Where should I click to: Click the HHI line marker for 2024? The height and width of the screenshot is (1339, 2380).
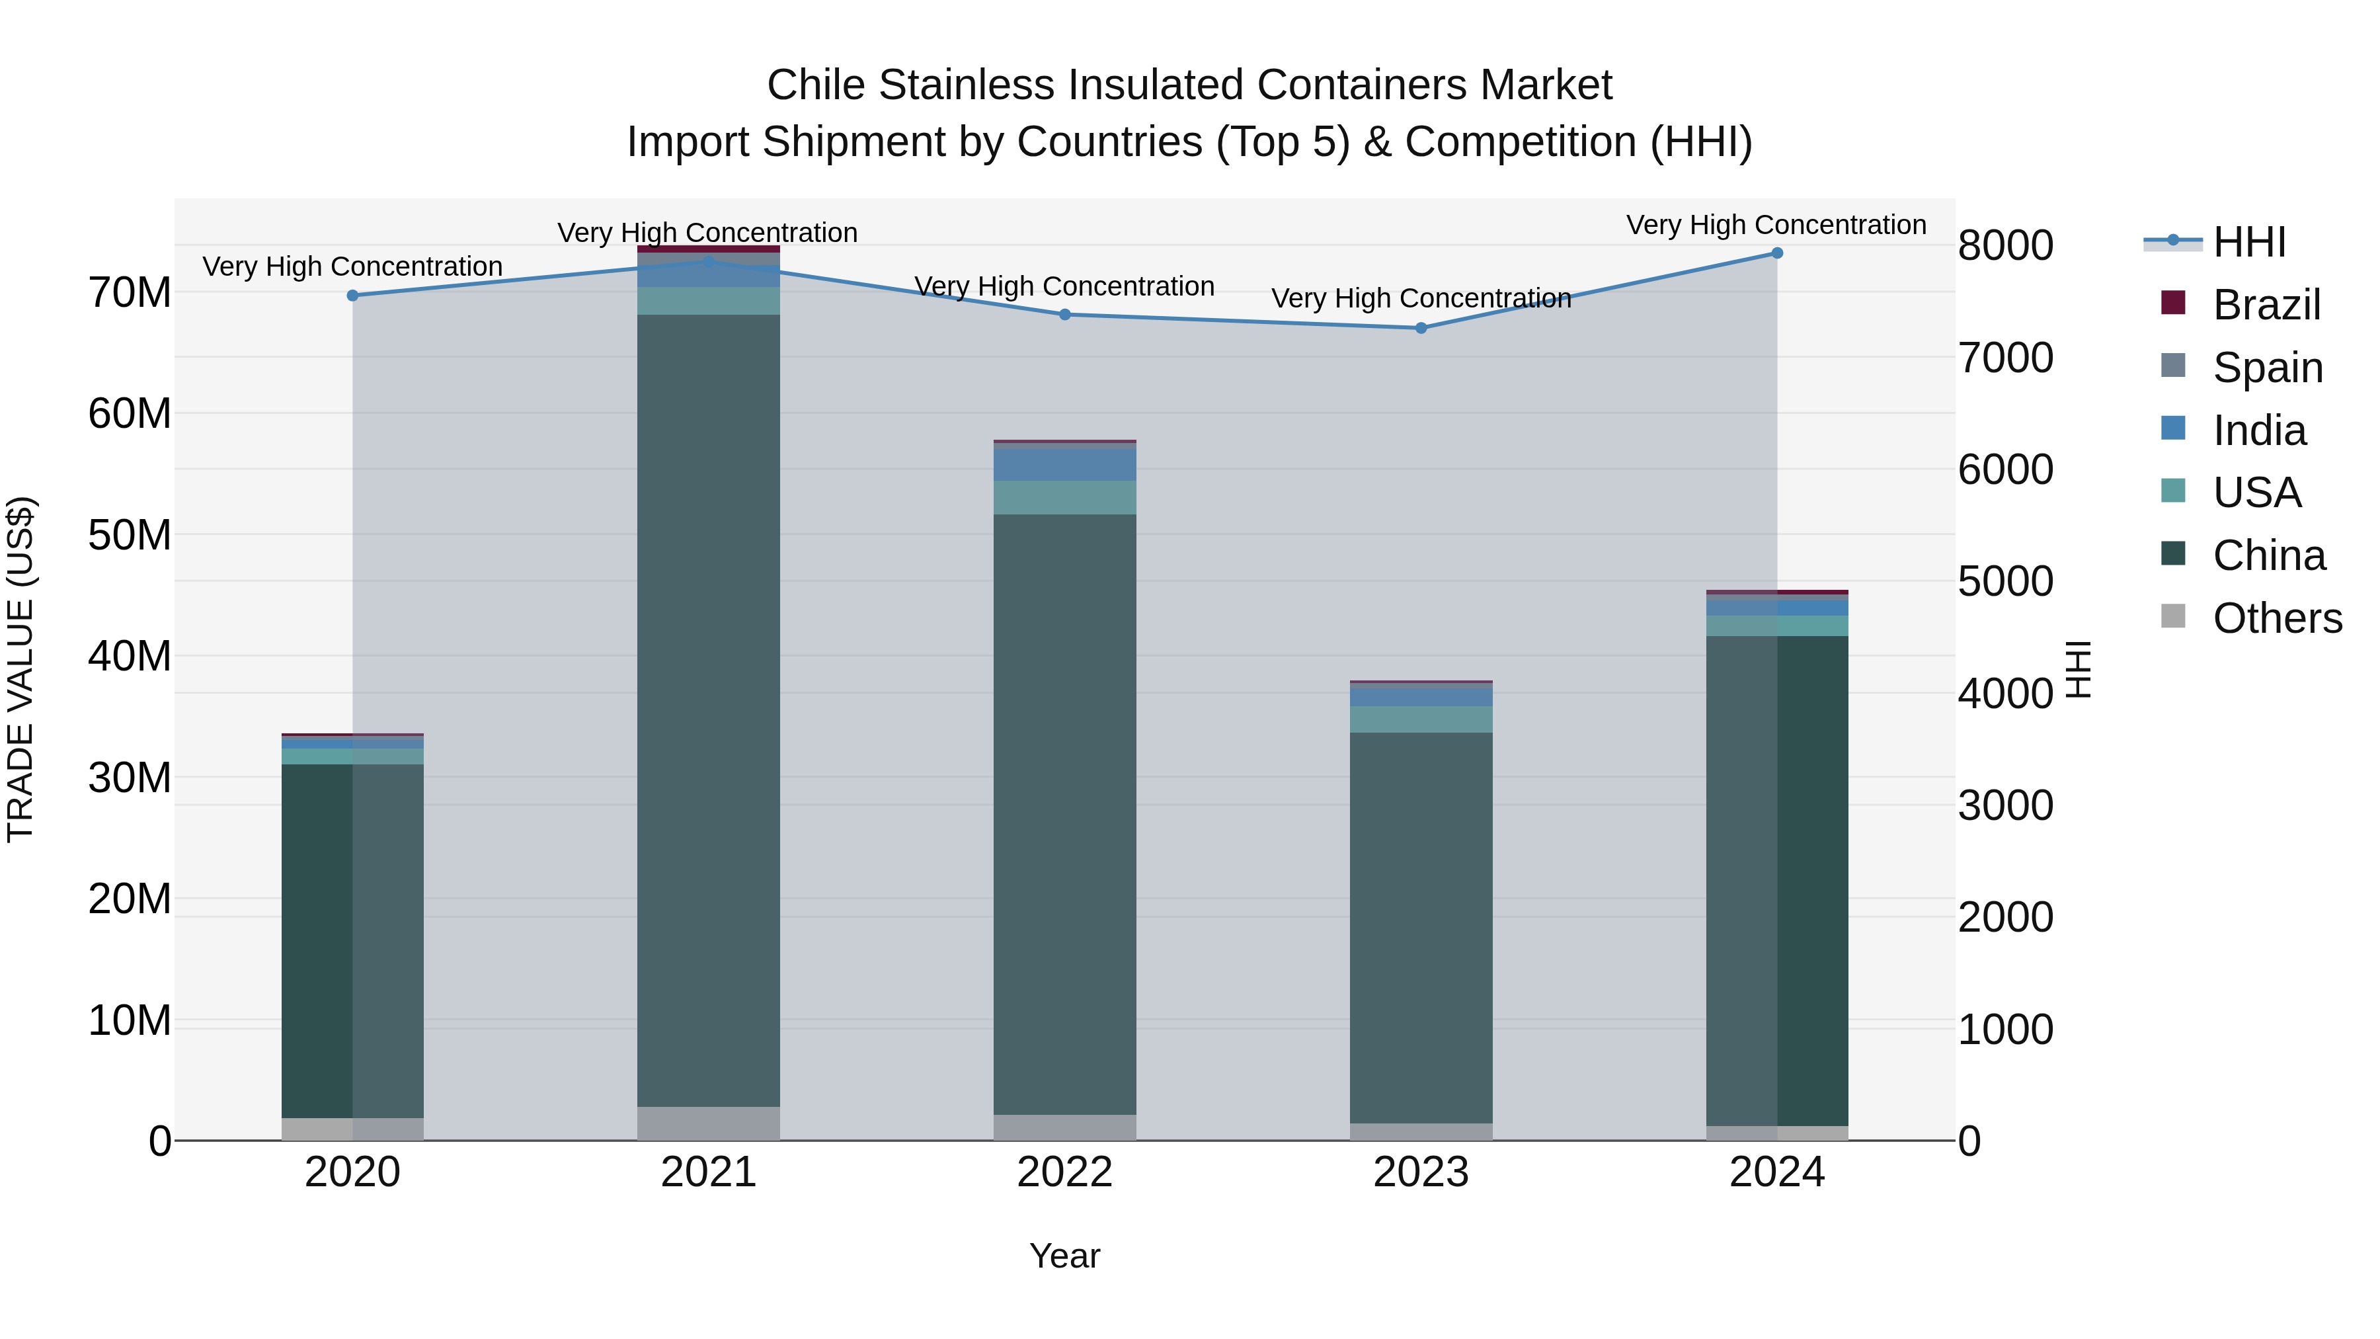(x=1776, y=253)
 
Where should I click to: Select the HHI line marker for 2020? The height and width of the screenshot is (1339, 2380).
(x=352, y=296)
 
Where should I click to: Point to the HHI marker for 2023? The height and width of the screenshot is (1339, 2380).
(x=1421, y=328)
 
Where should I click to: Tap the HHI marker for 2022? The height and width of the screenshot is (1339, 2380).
(x=1064, y=314)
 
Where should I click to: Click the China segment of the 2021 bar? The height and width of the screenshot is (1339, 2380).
(x=709, y=711)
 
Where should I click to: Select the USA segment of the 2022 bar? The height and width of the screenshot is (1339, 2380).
(x=1064, y=497)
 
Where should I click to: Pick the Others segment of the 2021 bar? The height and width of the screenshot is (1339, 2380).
(x=709, y=1123)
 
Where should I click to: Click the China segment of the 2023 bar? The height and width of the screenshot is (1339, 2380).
(x=1421, y=924)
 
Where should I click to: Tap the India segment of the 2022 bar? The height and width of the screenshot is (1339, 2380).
(x=1064, y=464)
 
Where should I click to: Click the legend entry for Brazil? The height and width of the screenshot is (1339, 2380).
(x=2266, y=305)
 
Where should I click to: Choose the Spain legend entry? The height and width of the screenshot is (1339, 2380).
(x=2266, y=368)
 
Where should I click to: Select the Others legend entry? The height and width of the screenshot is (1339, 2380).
(x=2276, y=618)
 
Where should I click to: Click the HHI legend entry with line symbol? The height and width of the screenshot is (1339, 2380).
(x=2249, y=242)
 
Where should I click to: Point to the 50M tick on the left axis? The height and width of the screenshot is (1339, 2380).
(x=130, y=535)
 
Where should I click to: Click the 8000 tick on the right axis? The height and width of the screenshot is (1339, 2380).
(x=2005, y=246)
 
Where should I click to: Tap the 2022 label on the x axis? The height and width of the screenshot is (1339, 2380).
(x=1064, y=1172)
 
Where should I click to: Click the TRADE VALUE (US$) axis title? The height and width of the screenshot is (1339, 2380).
(x=20, y=669)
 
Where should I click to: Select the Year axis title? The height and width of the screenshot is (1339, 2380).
(x=1064, y=1256)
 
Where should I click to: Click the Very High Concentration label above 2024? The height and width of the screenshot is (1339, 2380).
(x=1776, y=225)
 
